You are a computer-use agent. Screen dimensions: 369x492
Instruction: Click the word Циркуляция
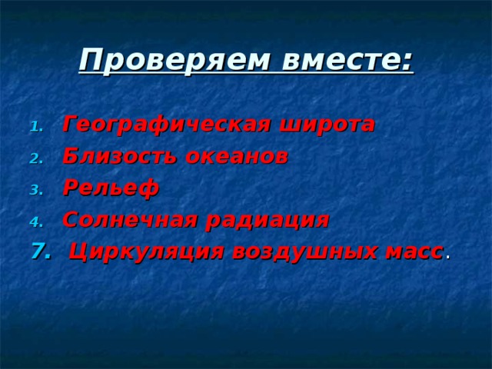click(x=145, y=251)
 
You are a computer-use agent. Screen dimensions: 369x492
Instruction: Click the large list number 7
click(x=36, y=251)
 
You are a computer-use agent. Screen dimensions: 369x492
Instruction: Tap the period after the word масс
click(x=447, y=257)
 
